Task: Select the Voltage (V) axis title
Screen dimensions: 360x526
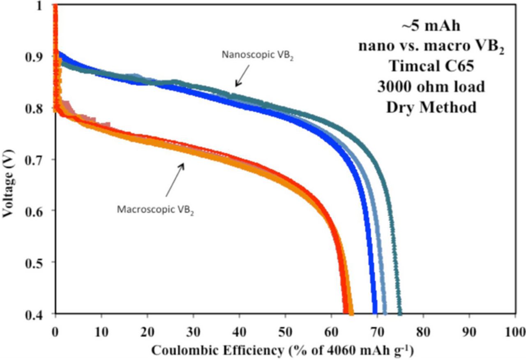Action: point(8,160)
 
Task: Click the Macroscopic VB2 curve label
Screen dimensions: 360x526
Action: point(155,209)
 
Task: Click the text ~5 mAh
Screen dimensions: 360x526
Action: point(431,26)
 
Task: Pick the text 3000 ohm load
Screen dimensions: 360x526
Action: point(431,87)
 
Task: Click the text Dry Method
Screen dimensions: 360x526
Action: point(431,107)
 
